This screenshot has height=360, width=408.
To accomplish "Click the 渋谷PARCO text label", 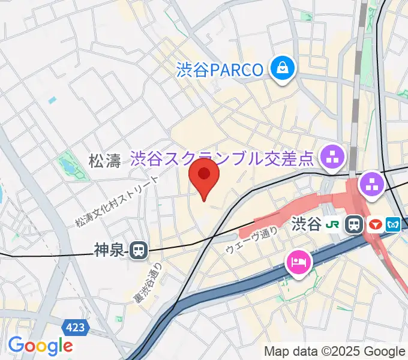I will point(220,70).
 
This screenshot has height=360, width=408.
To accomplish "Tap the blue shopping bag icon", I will point(282,68).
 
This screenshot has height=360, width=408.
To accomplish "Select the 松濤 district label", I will point(104,160).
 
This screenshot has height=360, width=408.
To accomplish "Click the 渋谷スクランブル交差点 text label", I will point(223,159).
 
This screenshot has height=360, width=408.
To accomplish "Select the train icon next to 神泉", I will point(139,250).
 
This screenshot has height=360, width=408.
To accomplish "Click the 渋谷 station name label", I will point(307,225).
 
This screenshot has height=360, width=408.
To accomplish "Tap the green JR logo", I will point(333,225).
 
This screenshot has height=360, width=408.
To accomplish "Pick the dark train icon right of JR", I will point(355,225).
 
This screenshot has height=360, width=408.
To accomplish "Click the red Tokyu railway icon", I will point(375,225).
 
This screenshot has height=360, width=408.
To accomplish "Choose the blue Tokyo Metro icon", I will point(394,225).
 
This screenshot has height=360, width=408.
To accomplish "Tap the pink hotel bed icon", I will point(299,262).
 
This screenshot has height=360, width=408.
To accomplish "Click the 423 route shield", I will point(76,327).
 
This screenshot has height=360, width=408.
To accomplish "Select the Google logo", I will point(40,346).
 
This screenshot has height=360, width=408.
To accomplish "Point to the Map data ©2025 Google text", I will point(335,351).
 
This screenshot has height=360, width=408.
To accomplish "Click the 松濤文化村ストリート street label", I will point(118,202).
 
